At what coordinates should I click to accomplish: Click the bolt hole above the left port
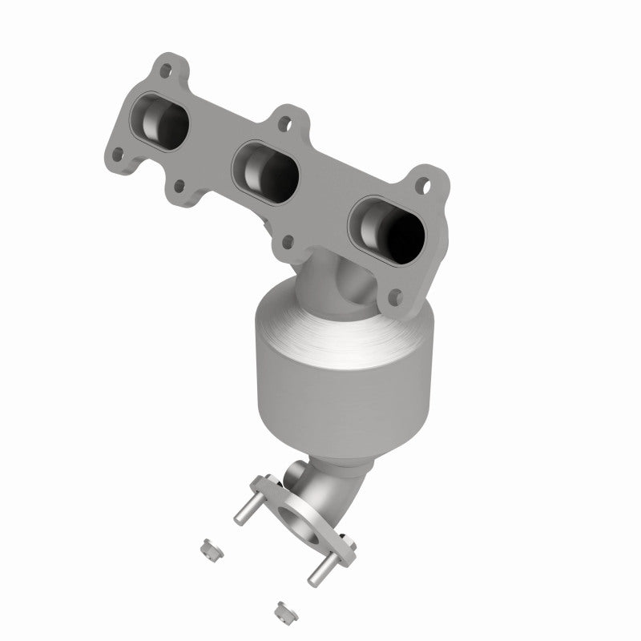tap(165, 70)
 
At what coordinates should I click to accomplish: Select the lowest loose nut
tap(282, 611)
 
